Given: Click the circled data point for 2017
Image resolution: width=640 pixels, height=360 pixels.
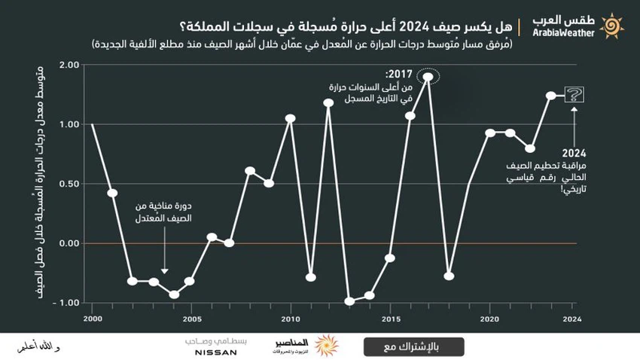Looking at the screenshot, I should (x=428, y=76).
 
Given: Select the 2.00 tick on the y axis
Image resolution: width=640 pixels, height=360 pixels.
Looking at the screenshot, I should (x=68, y=65).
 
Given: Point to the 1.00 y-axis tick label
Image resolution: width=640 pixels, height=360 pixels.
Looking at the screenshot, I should (x=68, y=124).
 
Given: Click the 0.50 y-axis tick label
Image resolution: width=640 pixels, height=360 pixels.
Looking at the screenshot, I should (x=68, y=184).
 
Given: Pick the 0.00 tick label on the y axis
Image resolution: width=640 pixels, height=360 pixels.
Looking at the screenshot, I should (x=68, y=243).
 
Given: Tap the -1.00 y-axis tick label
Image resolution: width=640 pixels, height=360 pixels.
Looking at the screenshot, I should (x=66, y=303).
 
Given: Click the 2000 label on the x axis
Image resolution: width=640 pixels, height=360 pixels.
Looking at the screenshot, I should (x=93, y=319).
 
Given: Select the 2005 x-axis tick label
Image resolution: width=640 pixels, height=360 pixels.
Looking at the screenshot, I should (x=191, y=319).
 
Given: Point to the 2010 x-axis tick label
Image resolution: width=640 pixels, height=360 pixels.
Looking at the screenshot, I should (x=290, y=319).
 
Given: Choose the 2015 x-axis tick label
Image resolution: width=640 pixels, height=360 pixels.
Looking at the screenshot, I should (x=389, y=319).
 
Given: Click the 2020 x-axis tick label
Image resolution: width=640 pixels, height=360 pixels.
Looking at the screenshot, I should (x=489, y=319).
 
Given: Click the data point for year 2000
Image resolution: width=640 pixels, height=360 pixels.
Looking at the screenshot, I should (x=93, y=125).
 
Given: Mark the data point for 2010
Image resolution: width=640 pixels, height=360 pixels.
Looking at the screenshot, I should (x=290, y=118).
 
